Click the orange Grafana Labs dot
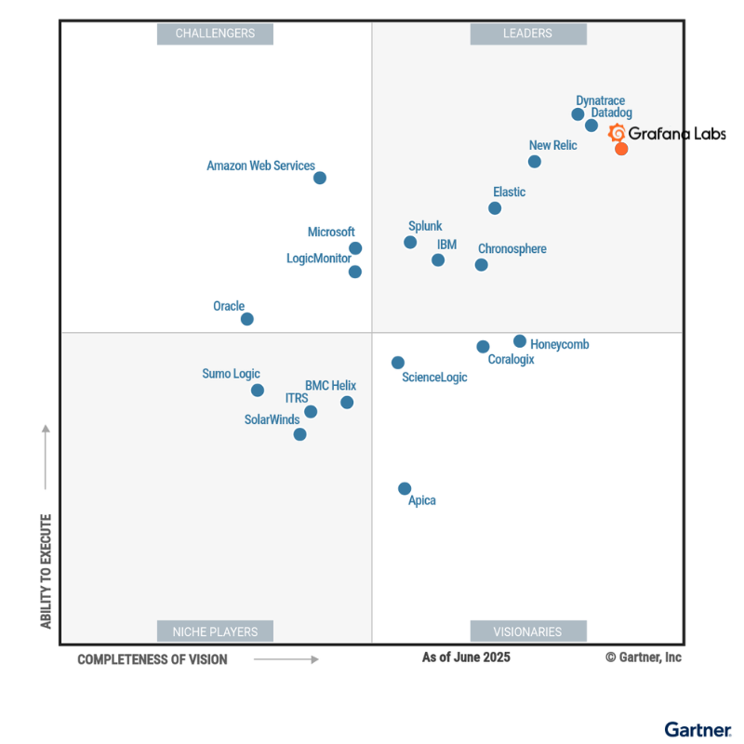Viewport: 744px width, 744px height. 621,149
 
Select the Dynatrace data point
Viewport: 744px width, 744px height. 578,114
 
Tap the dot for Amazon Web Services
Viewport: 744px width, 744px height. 320,178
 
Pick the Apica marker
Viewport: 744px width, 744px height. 405,488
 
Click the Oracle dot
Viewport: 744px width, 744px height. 247,319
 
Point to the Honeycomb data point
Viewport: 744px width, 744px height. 520,341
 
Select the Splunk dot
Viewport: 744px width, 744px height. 410,243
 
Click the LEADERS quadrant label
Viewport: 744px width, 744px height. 527,33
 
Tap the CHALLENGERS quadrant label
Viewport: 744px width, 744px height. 215,33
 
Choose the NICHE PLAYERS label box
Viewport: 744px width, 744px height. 215,631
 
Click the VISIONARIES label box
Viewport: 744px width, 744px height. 527,631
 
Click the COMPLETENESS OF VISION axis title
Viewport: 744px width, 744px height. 152,659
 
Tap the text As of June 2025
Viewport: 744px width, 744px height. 466,658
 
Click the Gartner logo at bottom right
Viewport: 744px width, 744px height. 697,729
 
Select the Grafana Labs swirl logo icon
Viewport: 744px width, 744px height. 617,133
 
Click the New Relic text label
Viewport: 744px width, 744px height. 552,145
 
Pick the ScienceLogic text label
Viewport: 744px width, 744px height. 434,378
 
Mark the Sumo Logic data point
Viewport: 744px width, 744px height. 258,391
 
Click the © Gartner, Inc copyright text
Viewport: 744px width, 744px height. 644,658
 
